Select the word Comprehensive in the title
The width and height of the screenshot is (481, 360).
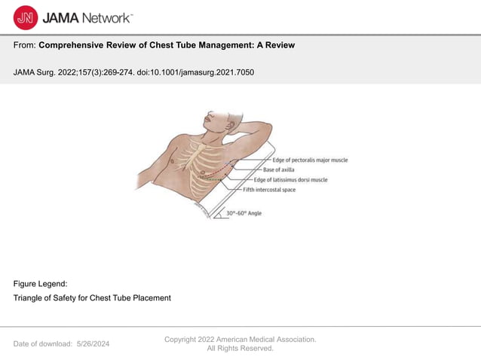76,45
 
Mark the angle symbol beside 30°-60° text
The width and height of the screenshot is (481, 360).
219,213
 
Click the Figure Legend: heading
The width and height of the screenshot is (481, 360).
40,283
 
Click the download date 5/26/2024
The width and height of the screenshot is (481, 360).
93,343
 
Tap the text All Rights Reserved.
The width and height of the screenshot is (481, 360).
240,348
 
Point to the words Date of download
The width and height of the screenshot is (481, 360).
42,343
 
